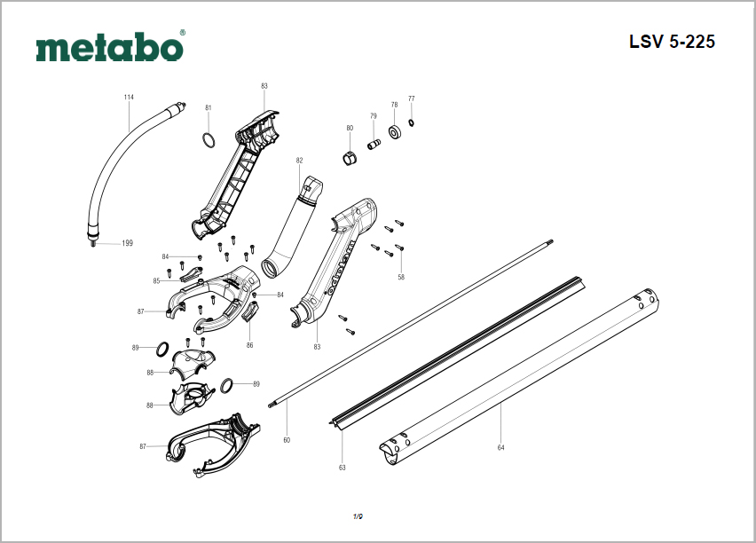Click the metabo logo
click(109, 47)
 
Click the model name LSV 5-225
click(672, 42)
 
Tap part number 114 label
click(129, 97)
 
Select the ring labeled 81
click(209, 140)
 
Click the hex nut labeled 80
click(350, 157)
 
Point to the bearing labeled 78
click(395, 132)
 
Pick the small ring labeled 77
click(411, 123)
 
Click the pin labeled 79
click(374, 145)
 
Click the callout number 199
click(127, 243)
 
